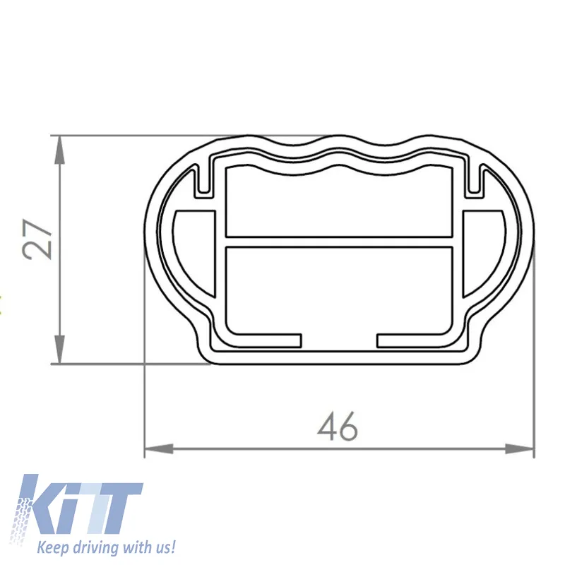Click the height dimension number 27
[37, 239]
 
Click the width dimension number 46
[338, 427]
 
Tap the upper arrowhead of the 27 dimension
[59, 150]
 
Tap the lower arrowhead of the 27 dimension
[59, 349]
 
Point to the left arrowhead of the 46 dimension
[158, 449]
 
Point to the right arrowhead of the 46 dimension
[519, 449]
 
